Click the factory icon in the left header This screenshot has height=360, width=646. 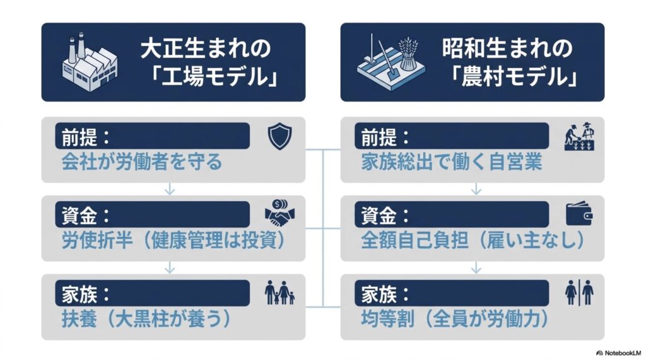pyautogui.click(x=90, y=62)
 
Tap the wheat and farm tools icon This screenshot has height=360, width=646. pyautogui.click(x=391, y=60)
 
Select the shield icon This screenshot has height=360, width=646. pyautogui.click(x=279, y=136)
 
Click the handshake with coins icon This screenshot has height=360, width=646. pyautogui.click(x=279, y=212)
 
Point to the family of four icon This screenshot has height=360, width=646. pyautogui.click(x=279, y=293)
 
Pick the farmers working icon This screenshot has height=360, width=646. pyautogui.click(x=580, y=136)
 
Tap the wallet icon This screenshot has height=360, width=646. pyautogui.click(x=579, y=213)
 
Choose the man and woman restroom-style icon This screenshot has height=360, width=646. pyautogui.click(x=579, y=293)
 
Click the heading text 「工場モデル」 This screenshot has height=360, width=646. pyautogui.click(x=214, y=77)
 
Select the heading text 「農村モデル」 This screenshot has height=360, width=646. pyautogui.click(x=514, y=77)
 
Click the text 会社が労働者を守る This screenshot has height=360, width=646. pyautogui.click(x=142, y=162)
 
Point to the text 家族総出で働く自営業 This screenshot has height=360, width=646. pyautogui.click(x=452, y=162)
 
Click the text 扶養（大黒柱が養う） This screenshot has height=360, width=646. pyautogui.click(x=146, y=319)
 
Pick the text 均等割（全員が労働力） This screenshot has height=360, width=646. pyautogui.click(x=455, y=319)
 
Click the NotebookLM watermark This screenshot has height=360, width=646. pyautogui.click(x=619, y=353)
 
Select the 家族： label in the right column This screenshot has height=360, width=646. pyautogui.click(x=385, y=294)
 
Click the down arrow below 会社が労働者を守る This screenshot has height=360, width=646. pyautogui.click(x=169, y=189)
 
